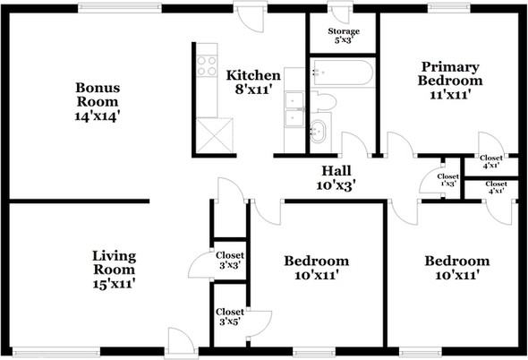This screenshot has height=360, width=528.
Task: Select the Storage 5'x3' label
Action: (x=344, y=35)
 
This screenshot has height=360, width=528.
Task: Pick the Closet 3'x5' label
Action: (x=231, y=315)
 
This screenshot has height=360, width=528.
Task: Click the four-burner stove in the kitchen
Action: (x=208, y=64)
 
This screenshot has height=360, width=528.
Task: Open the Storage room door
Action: (x=341, y=14)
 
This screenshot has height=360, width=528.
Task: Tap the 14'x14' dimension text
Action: (x=98, y=115)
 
